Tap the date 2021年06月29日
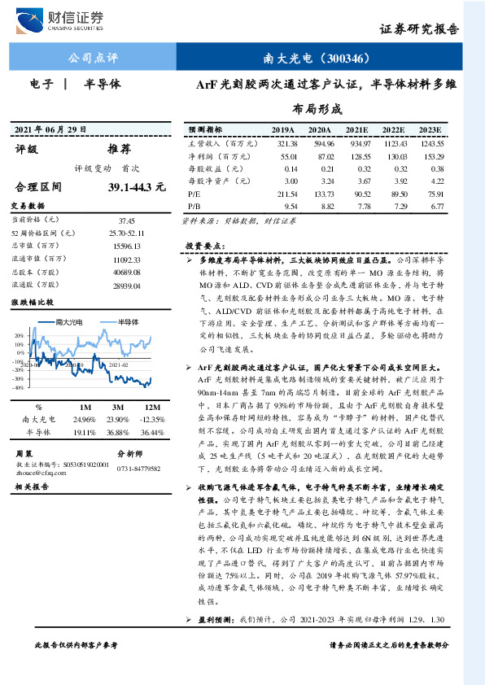(50, 130)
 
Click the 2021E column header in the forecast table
(357, 129)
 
